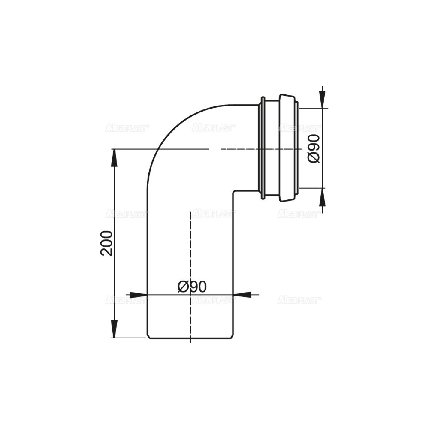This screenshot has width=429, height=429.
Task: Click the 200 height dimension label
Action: (107, 243)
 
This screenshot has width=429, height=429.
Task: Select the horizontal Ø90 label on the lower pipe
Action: (192, 287)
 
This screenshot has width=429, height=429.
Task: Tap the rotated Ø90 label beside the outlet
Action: (314, 148)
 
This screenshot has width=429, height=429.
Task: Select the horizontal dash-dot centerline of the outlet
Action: (240, 149)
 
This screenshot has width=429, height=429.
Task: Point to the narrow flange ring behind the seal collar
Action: (261, 148)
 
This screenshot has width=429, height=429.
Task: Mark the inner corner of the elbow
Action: (233, 192)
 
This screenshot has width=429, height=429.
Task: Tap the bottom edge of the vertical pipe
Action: (190, 338)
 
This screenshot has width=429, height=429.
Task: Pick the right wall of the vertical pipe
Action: (233, 257)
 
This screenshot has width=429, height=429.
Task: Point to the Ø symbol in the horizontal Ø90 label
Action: (182, 287)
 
